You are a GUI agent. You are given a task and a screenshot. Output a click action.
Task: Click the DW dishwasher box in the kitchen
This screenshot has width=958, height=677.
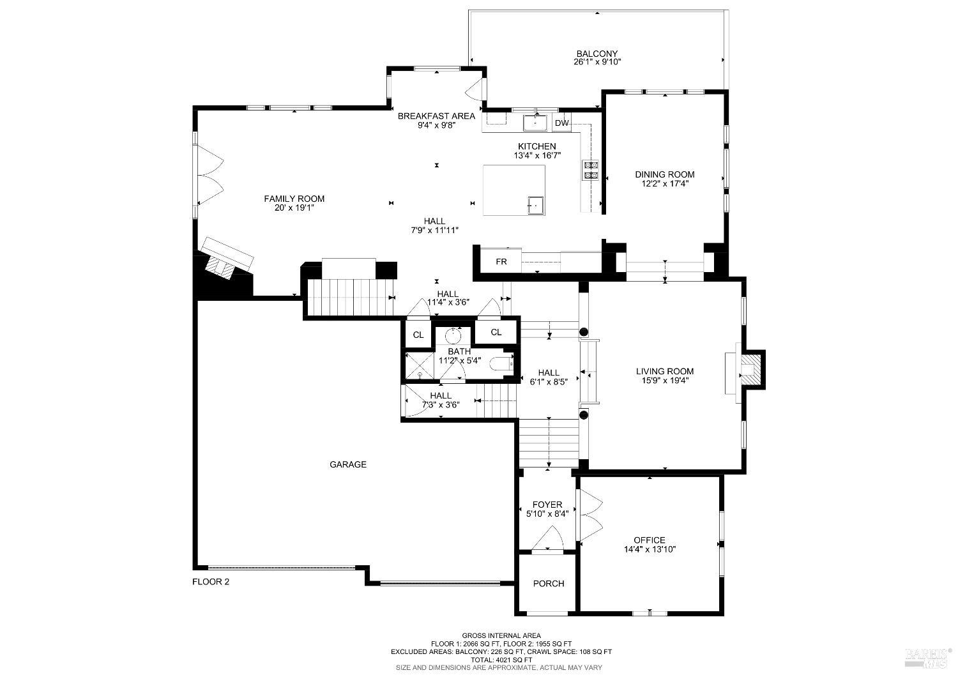click(561, 123)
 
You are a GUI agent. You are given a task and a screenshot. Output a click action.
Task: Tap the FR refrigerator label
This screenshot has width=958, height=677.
click(501, 262)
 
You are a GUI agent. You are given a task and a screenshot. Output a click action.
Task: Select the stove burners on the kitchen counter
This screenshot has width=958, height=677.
click(590, 169)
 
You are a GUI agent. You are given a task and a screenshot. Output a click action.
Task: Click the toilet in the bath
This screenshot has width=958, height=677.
click(501, 365)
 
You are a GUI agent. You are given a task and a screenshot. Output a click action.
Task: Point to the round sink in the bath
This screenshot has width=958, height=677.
click(453, 336)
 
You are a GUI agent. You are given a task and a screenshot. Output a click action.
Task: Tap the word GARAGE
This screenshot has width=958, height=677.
click(348, 464)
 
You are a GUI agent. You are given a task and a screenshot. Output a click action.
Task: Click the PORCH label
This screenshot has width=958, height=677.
click(549, 583)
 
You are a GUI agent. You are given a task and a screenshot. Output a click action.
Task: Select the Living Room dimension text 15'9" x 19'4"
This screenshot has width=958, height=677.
click(664, 380)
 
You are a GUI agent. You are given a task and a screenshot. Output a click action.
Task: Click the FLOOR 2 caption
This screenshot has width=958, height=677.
click(211, 582)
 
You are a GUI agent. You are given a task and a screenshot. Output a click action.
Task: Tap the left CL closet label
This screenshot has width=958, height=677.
click(418, 335)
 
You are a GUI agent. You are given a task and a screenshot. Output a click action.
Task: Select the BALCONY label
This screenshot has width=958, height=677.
click(597, 54)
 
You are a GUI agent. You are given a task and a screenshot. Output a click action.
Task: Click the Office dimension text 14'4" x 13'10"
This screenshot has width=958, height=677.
click(650, 549)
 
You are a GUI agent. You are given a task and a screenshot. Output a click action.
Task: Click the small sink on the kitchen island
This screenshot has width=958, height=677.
click(535, 205)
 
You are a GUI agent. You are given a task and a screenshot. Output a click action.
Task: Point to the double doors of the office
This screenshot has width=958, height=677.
click(589, 515)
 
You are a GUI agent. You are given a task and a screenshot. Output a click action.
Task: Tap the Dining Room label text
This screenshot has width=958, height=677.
click(664, 174)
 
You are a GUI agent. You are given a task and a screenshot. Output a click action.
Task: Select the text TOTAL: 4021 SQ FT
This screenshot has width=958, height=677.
click(501, 660)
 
